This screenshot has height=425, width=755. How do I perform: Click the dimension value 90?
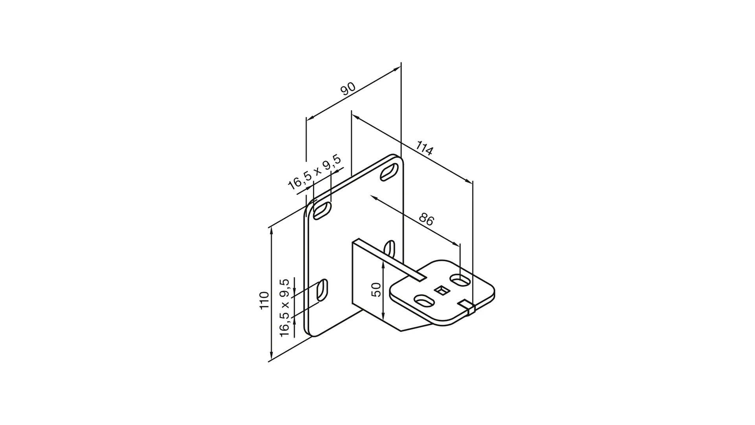pos(348,89)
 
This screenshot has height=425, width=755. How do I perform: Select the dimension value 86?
pos(426,219)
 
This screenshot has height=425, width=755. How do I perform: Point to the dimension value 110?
pos(264,300)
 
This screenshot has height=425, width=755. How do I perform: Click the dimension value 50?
pos(376,290)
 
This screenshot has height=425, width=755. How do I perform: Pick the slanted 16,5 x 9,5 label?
pos(314,173)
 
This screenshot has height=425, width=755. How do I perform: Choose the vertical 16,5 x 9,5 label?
pos(285,307)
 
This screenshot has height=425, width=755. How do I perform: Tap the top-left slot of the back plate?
pos(322,211)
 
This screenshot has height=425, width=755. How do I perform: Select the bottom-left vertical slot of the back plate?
pos(322,291)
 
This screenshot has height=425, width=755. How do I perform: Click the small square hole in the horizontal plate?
pos(442,290)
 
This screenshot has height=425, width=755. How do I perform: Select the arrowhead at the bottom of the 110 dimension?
pos(271,358)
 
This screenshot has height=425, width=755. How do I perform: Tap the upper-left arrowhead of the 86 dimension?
pos(374,197)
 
